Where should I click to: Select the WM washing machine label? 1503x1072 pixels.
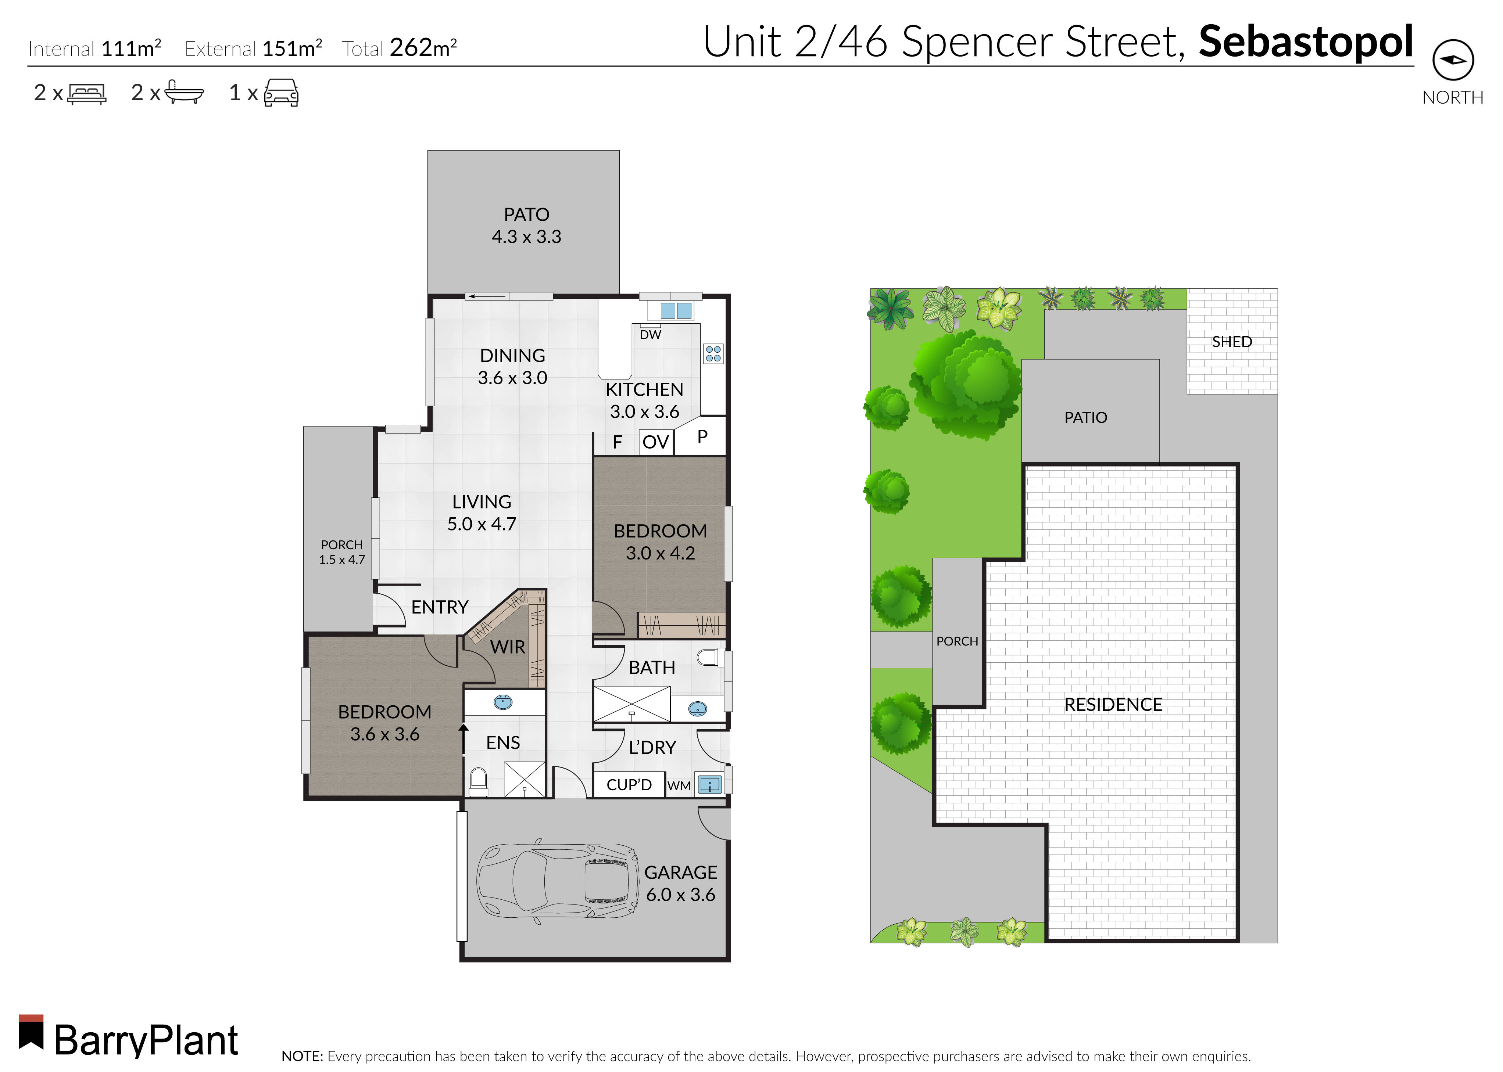[679, 785]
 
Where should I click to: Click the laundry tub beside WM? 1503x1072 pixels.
[709, 784]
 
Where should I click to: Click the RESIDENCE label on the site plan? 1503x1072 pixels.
[1113, 704]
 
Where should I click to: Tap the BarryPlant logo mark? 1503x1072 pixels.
[31, 1032]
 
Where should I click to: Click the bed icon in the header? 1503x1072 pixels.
[86, 93]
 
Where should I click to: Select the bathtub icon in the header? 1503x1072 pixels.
[183, 93]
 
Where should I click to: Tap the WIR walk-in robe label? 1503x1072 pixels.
[507, 647]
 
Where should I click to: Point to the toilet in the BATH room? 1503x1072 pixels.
[708, 658]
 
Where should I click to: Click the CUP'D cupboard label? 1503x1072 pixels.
[629, 785]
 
